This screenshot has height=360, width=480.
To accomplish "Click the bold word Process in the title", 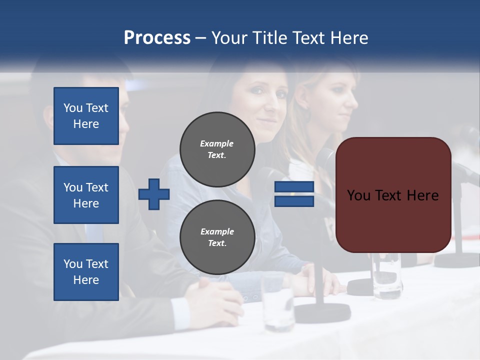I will point(157,37).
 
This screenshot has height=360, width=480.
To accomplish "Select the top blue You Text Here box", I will point(86,116).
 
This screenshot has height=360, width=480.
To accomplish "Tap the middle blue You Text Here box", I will point(86,195).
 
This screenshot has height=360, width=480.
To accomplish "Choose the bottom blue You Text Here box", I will point(86,272).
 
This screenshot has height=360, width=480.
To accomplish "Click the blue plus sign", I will point(154,194).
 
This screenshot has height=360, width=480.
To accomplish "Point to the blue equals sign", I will point(294,194).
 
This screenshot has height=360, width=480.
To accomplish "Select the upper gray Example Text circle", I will point(217,149).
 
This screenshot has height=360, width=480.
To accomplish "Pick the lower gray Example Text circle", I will point(217,237).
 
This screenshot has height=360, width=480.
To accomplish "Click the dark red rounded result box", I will point(393,195).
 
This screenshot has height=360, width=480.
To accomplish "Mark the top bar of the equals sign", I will point(294,187).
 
